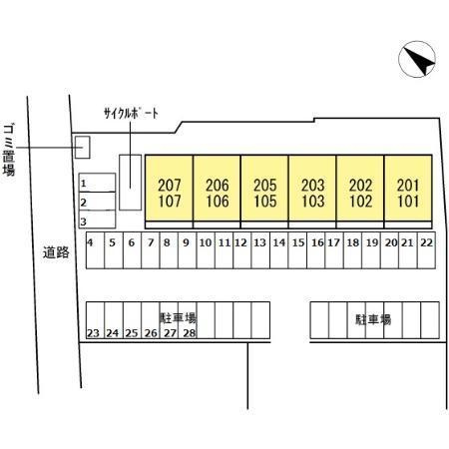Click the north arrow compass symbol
[x=417, y=59]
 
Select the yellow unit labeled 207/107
[x=170, y=188]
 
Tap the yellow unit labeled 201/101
[x=408, y=188]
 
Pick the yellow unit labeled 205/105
[x=264, y=188]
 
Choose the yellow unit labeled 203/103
[x=312, y=188]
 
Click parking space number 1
[x=97, y=183]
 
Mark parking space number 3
[x=97, y=220]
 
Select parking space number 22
[x=426, y=250]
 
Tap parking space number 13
[x=260, y=250]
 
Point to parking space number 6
[x=132, y=250]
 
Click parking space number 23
[x=95, y=320]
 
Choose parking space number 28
[x=188, y=320]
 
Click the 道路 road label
[x=56, y=252]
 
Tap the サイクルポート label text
[x=131, y=114]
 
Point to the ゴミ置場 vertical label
[x=9, y=150]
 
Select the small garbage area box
[x=82, y=147]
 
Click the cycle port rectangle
[x=130, y=183]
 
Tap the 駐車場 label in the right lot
[x=373, y=319]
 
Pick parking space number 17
[x=334, y=250]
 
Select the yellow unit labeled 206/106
[x=217, y=188]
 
